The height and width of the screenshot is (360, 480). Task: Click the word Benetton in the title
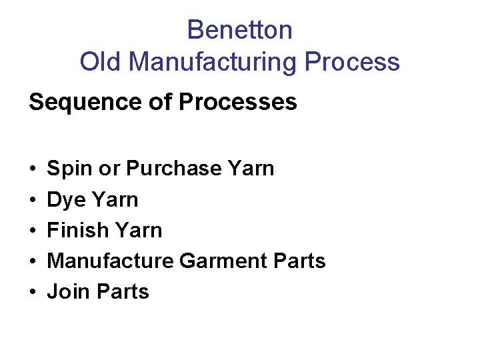239,30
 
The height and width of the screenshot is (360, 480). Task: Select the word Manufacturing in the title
213,62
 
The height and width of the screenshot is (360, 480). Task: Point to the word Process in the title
352,62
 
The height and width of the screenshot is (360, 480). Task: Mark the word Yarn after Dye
115,199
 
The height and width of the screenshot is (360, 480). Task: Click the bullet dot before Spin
33,169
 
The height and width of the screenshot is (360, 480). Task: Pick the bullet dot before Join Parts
33,292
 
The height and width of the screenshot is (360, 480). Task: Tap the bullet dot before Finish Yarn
33,231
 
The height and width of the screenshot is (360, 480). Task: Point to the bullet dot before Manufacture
33,261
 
